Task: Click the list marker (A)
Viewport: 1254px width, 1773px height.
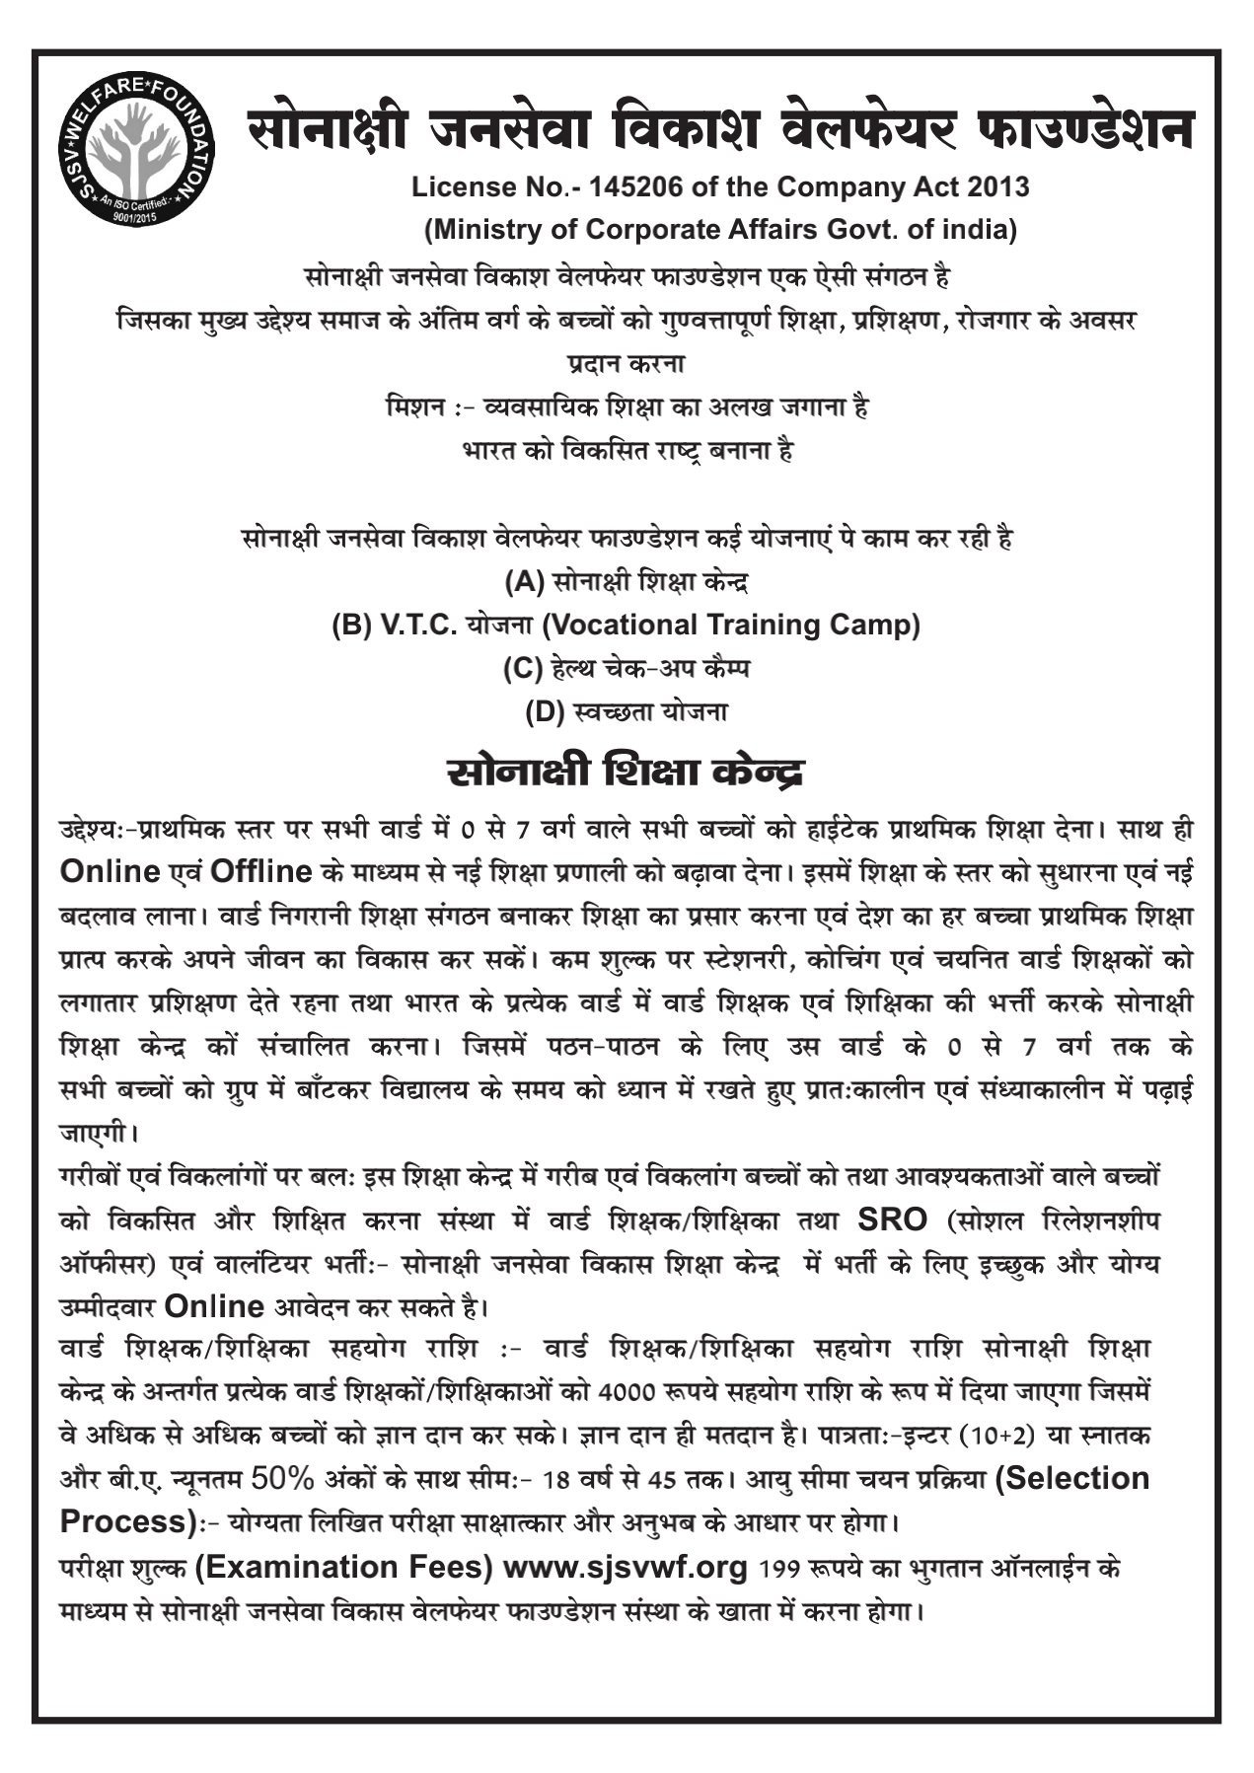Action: [524, 582]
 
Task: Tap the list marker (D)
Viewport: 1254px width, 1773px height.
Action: [545, 711]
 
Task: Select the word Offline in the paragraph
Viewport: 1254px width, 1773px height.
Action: [260, 872]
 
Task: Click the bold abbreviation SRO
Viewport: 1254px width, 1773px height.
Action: [892, 1219]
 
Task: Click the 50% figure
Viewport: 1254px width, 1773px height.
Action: [282, 1479]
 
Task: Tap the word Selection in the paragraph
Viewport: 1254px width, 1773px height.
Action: [1072, 1479]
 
